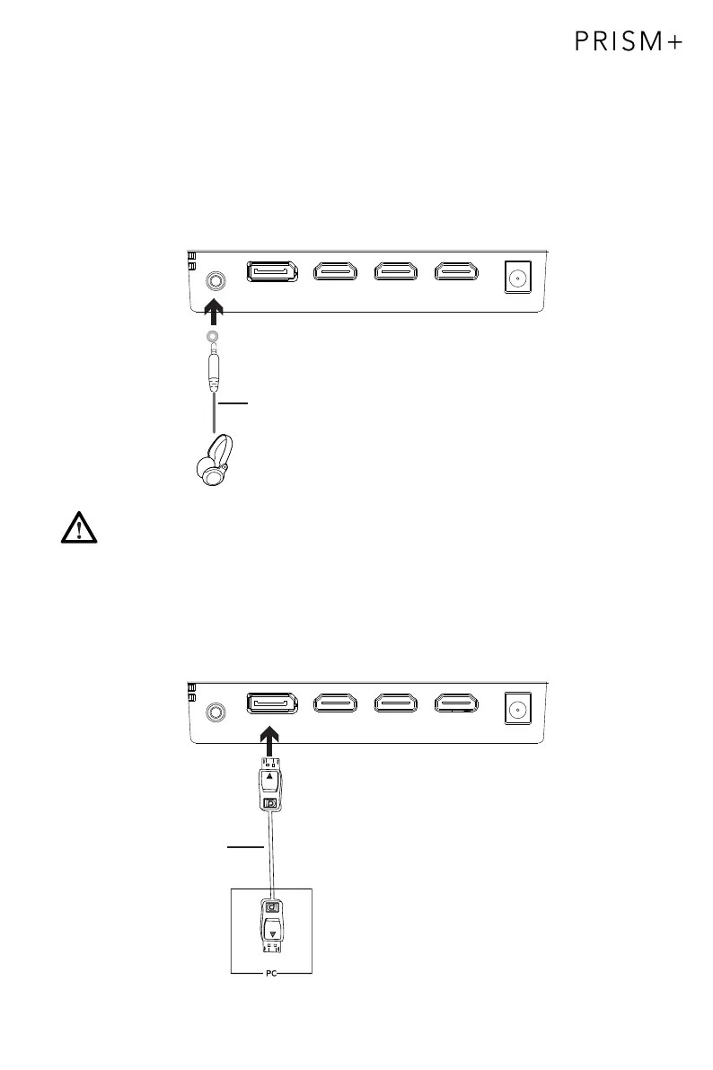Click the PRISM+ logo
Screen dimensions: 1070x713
click(629, 43)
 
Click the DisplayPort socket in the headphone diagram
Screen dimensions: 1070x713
click(273, 272)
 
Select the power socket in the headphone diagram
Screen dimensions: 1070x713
click(516, 278)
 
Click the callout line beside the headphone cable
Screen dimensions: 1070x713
click(233, 404)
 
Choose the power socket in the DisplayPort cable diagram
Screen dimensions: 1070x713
click(516, 709)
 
